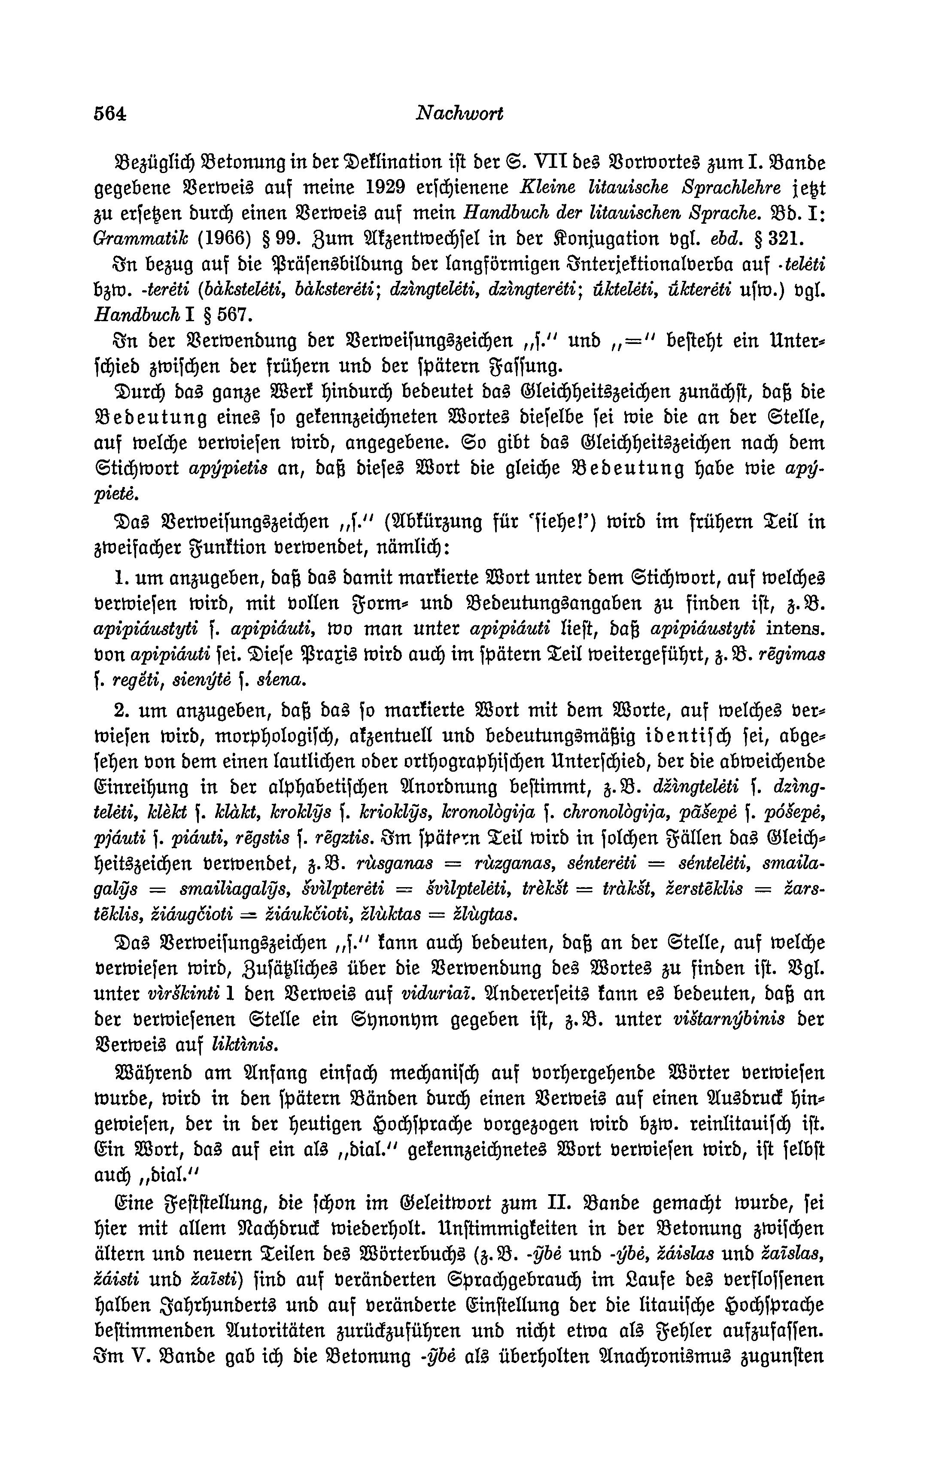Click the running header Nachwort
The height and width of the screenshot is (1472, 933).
[x=459, y=114]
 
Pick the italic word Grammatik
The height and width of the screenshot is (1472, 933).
[x=125, y=238]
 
